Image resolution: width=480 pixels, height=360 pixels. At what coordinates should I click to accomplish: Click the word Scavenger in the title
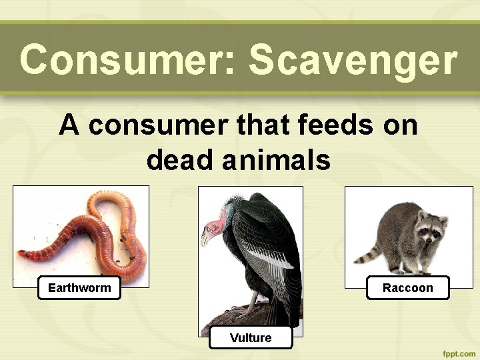coord(353,60)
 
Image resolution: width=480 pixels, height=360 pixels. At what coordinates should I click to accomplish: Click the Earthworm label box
coord(79,288)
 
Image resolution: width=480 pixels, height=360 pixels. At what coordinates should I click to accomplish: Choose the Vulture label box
coord(251,338)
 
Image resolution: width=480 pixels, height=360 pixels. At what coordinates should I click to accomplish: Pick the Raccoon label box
coord(408,288)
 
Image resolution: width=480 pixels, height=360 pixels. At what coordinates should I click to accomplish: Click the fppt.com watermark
coord(457,353)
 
